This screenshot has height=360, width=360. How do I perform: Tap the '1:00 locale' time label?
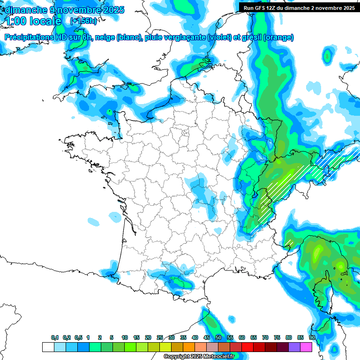[33, 21]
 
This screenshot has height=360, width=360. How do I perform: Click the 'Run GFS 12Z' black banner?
[299, 8]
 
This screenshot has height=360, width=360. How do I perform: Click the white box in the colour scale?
[48, 347]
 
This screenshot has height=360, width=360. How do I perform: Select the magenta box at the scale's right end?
[306, 347]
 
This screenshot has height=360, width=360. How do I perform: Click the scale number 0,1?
[55, 338]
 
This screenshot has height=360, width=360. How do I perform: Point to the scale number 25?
[160, 338]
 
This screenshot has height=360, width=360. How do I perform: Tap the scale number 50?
[218, 338]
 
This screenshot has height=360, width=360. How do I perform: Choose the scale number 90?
[312, 338]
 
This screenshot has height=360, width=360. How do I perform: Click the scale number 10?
[125, 338]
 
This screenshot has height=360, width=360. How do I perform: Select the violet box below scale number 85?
[294, 347]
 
